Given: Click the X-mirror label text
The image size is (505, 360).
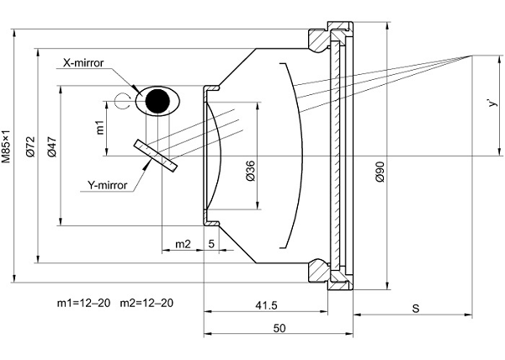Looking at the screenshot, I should (x=88, y=62).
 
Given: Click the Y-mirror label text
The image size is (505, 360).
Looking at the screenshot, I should (x=111, y=185).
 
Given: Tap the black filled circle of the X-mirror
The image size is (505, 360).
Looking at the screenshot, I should (x=156, y=101).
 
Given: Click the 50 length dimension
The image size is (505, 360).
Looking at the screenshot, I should (x=278, y=327).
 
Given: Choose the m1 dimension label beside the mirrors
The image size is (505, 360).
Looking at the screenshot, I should (x=99, y=127).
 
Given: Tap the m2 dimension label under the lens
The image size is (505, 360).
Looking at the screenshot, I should (x=181, y=244).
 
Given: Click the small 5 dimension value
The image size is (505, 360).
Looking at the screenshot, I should (x=210, y=244).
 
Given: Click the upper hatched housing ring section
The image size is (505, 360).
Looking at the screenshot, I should (x=323, y=39).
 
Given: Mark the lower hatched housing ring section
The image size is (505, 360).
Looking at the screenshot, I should (x=323, y=271).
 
